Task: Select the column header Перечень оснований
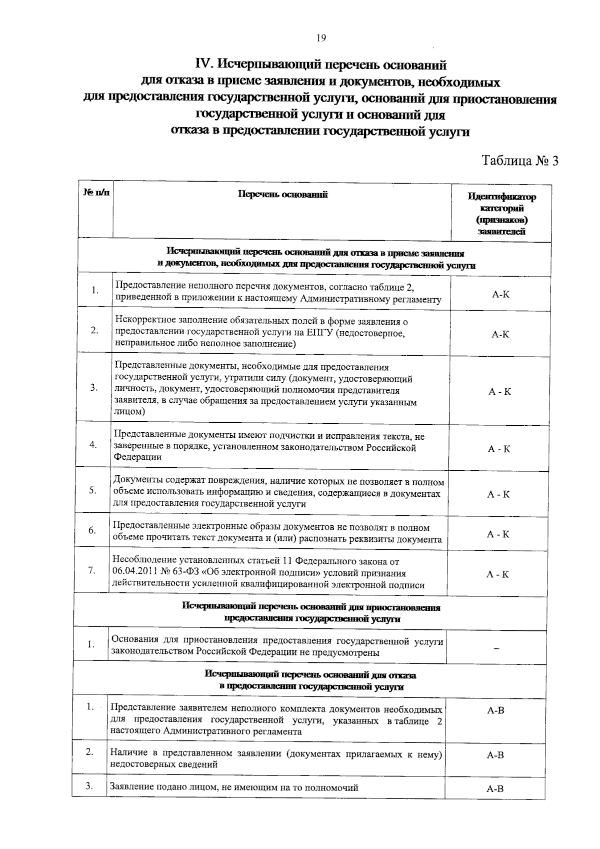click(x=282, y=195)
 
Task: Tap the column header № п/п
click(x=95, y=192)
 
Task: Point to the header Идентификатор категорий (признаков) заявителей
click(x=501, y=214)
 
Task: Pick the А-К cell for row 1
click(x=500, y=294)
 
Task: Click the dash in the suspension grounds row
click(x=496, y=648)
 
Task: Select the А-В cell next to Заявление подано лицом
click(x=495, y=789)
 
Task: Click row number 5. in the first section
click(x=93, y=490)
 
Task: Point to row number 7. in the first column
click(x=92, y=570)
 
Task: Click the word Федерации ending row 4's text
click(x=137, y=457)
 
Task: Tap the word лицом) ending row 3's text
click(x=130, y=411)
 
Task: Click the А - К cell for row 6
click(x=498, y=534)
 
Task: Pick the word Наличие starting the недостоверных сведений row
click(x=127, y=753)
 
